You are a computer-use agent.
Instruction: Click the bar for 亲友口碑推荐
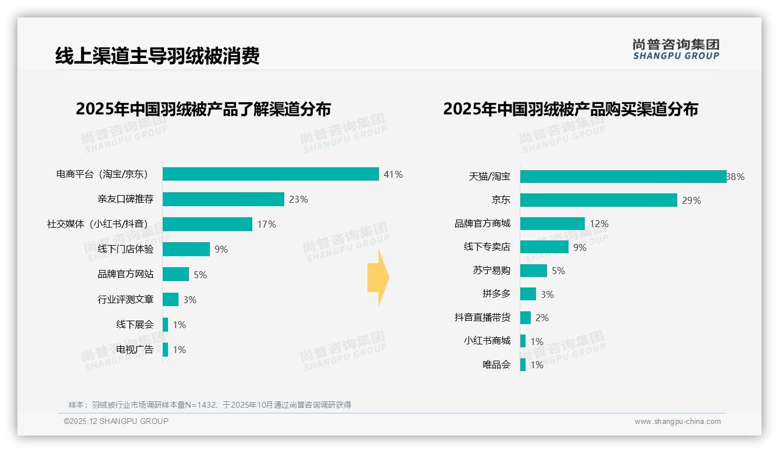[x=223, y=199]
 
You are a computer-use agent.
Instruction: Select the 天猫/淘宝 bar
[x=623, y=177]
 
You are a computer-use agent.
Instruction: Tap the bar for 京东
[x=598, y=200]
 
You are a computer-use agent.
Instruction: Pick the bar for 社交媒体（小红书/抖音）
[x=207, y=224]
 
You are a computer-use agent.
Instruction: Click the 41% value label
[x=393, y=174]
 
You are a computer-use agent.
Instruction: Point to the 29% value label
[x=691, y=200]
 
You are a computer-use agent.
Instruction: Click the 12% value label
[x=599, y=224]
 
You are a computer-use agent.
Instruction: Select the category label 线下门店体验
[x=126, y=249]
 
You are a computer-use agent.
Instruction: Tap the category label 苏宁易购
[x=491, y=271]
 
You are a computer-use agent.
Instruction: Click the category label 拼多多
[x=496, y=294]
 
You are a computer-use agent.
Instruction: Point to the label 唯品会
[x=496, y=365]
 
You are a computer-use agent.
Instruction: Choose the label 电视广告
[x=135, y=350]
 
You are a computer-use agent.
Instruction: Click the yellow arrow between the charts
[x=378, y=278]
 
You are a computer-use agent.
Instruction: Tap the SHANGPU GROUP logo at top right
[x=676, y=49]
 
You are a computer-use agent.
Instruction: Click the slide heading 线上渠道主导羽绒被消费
[x=157, y=56]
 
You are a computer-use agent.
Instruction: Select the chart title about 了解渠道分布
[x=203, y=109]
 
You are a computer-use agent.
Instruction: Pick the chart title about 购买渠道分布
[x=570, y=109]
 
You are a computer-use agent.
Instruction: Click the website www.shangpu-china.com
[x=677, y=422]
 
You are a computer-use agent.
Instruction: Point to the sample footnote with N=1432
[x=210, y=405]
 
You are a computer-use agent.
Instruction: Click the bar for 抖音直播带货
[x=525, y=318]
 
